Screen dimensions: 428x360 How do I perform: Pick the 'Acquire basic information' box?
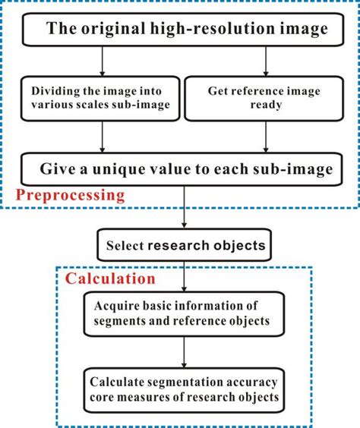pyautogui.click(x=183, y=312)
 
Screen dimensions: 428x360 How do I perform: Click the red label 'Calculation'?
pyautogui.click(x=110, y=279)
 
